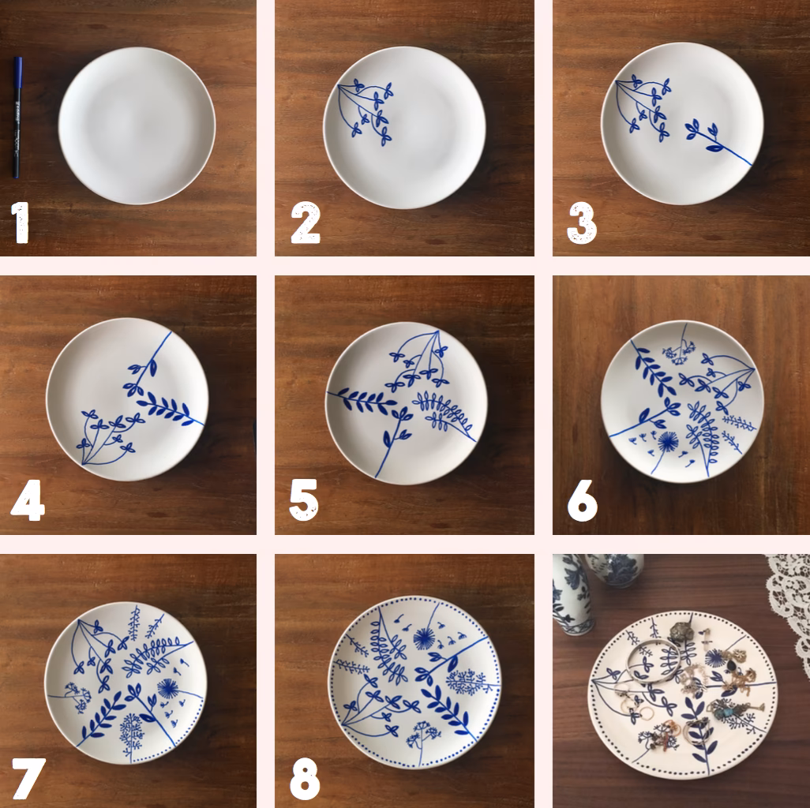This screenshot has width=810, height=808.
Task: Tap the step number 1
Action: [x=21, y=223]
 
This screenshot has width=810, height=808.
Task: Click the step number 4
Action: [x=28, y=502]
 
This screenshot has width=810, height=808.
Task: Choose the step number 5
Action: [x=304, y=502]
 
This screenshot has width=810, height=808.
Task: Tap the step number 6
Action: [x=583, y=502]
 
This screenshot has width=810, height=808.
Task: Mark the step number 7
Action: [x=28, y=778]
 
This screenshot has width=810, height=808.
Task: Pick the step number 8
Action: [x=305, y=778]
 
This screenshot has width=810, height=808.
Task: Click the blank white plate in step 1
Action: [x=137, y=126]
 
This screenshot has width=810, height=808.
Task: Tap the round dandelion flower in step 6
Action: [x=668, y=441]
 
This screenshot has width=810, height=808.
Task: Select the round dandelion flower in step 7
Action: [x=167, y=688]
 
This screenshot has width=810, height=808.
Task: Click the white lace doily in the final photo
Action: [x=789, y=600]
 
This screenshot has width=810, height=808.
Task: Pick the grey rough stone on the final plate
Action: [x=681, y=632]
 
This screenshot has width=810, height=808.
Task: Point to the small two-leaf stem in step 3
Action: [x=704, y=134]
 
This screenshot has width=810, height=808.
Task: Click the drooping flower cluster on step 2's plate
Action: [x=367, y=110]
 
